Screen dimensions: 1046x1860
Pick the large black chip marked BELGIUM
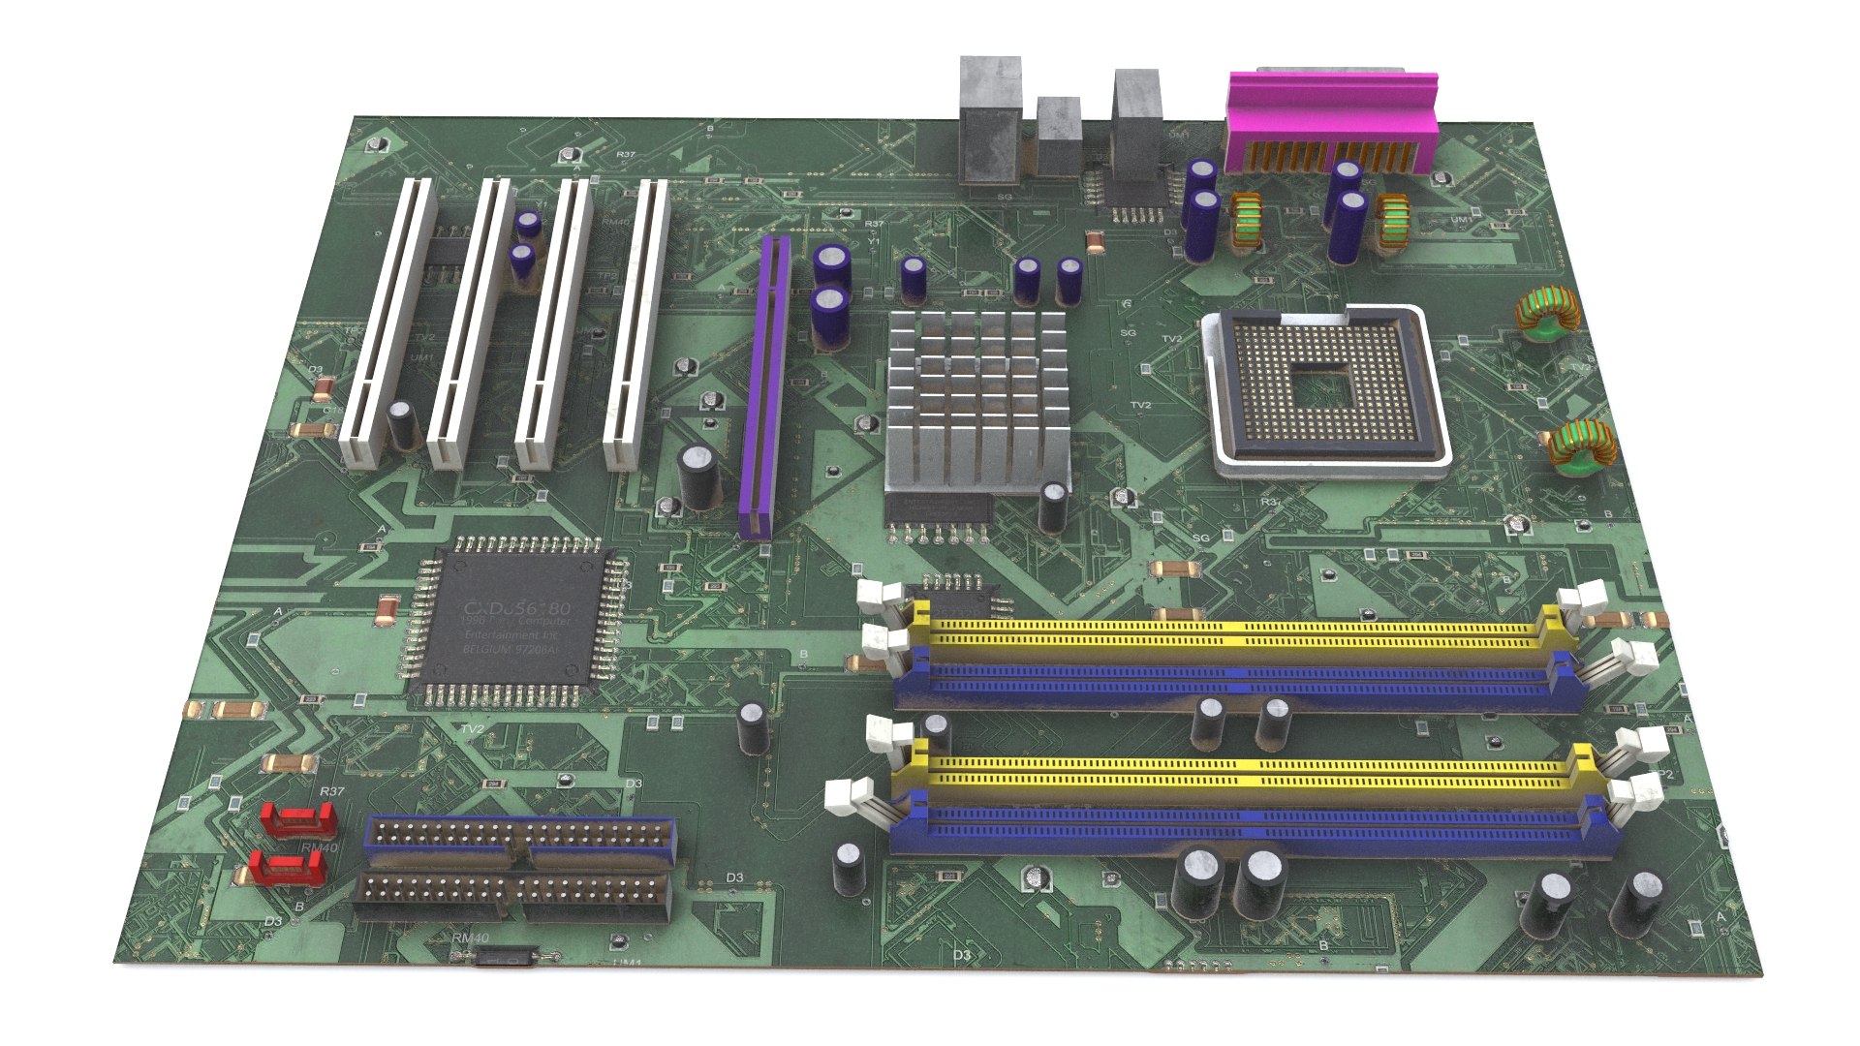coord(514,620)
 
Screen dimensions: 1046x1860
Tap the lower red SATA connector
coord(286,868)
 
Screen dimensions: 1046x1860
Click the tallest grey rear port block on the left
coord(989,121)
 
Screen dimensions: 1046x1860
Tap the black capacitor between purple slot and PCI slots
coord(698,477)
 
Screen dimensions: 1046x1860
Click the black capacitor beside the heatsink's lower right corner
coord(1054,508)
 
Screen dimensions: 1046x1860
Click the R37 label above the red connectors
coord(332,791)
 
